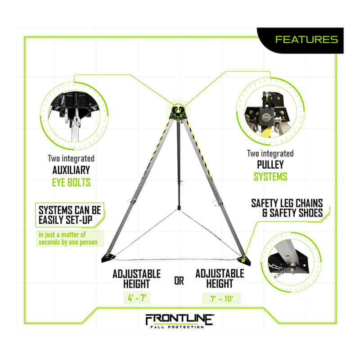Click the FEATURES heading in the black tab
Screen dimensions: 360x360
[306, 40]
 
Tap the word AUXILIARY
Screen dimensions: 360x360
[71, 171]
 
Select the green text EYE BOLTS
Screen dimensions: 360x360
[71, 183]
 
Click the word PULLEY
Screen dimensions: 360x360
[270, 165]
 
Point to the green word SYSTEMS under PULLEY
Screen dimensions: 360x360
[270, 177]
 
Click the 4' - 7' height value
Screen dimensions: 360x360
[137, 297]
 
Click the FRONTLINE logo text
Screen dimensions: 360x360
[180, 319]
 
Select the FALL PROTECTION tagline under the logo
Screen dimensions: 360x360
[180, 327]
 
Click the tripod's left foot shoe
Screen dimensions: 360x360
[108, 258]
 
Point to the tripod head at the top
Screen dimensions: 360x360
[179, 110]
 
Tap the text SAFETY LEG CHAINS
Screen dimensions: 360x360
[286, 203]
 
